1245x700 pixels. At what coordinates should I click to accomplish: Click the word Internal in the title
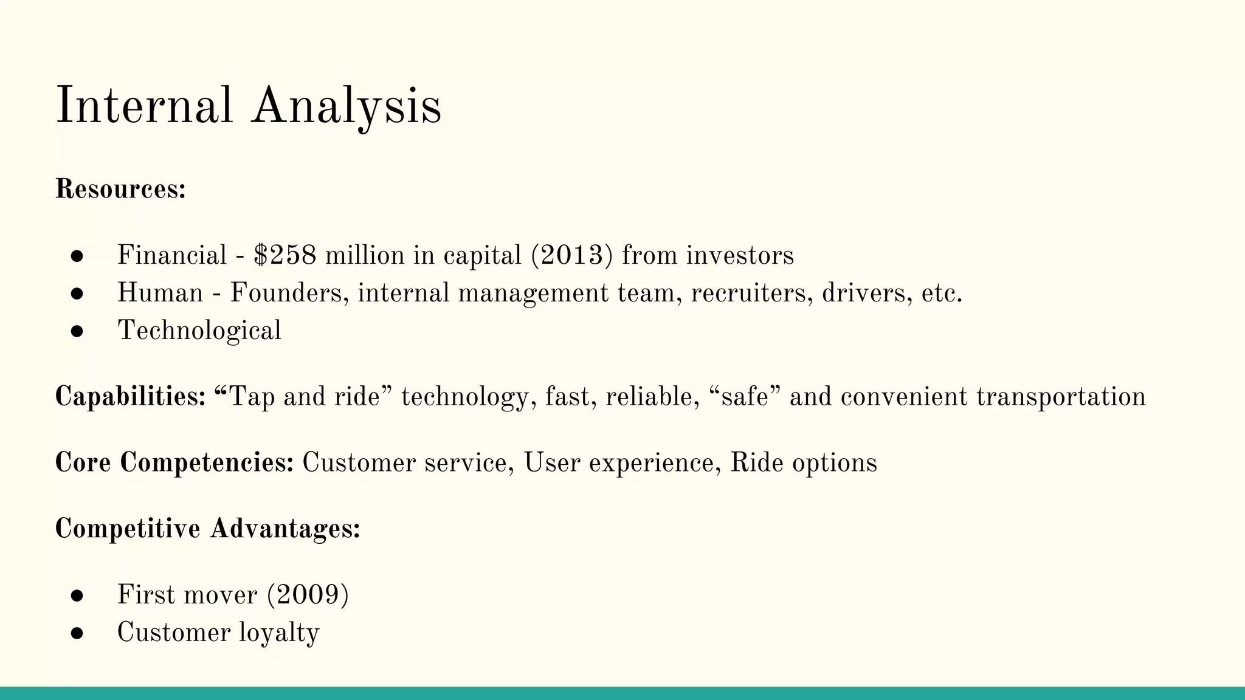point(144,106)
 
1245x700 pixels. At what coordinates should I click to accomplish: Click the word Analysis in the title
point(347,106)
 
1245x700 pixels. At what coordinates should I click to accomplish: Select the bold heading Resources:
point(120,189)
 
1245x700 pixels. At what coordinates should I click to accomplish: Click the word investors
point(740,255)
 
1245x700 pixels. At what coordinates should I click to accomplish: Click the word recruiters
point(752,293)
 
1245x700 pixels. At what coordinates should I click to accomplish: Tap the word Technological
point(199,331)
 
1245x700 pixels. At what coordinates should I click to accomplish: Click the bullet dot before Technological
point(77,332)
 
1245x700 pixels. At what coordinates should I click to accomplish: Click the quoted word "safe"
point(745,397)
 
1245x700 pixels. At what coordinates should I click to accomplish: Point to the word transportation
point(1061,397)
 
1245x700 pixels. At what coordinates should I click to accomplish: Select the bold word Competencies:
point(207,463)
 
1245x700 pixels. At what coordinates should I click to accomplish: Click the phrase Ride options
point(804,463)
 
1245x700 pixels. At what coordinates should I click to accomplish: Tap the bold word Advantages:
point(285,529)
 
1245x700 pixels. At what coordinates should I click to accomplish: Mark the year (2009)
point(308,595)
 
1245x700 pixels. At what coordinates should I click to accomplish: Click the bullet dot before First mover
point(77,595)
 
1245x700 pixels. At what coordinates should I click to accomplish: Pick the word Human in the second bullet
point(160,293)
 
